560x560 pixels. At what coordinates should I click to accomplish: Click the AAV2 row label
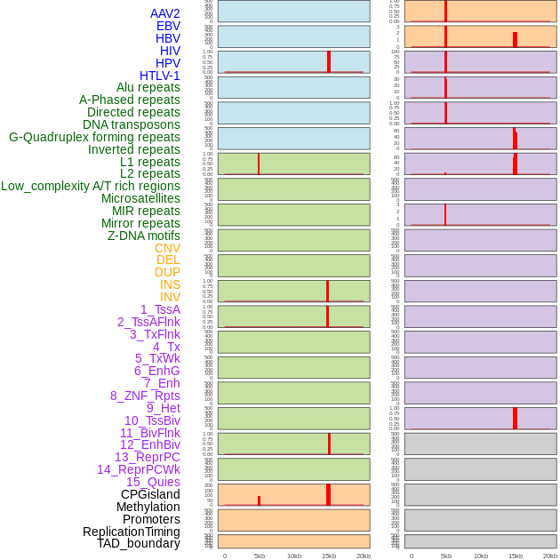(x=164, y=13)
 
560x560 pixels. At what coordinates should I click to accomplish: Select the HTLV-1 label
(x=159, y=76)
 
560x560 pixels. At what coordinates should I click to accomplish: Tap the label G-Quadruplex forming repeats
(x=94, y=137)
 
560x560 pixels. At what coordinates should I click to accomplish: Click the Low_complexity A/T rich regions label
(x=91, y=186)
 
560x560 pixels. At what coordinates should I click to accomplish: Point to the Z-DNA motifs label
(x=144, y=236)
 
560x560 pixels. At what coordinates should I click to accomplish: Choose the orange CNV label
(x=167, y=248)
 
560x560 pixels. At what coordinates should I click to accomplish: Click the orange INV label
(x=170, y=297)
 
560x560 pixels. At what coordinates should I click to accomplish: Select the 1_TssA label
(x=160, y=309)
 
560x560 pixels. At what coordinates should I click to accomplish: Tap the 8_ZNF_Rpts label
(x=145, y=396)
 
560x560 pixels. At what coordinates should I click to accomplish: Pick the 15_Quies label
(x=153, y=482)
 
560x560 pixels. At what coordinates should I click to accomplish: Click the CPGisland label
(x=150, y=494)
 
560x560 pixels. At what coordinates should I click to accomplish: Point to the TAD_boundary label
(x=139, y=543)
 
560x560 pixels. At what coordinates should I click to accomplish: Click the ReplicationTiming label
(x=132, y=532)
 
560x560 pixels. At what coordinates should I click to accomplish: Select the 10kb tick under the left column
(x=294, y=556)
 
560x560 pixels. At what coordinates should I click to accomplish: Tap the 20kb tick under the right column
(x=550, y=556)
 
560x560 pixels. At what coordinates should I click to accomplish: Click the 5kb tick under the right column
(x=446, y=556)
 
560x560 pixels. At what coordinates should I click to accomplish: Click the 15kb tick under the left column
(x=329, y=556)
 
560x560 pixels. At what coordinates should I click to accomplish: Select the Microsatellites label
(x=140, y=198)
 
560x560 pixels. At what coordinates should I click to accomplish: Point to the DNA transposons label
(x=132, y=124)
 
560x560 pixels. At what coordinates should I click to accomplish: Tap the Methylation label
(x=148, y=507)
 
